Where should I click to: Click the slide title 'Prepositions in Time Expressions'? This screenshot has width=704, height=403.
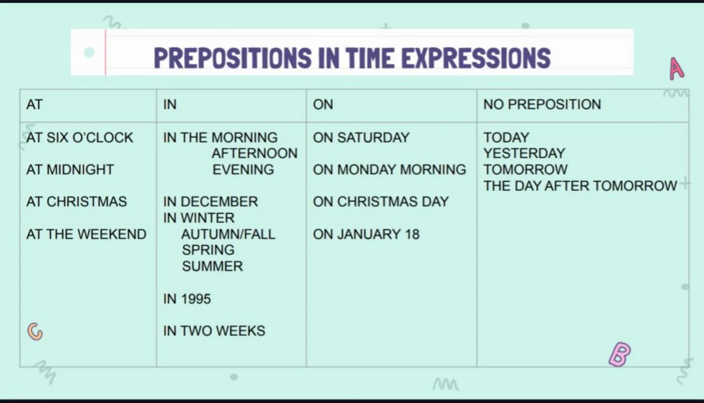352,58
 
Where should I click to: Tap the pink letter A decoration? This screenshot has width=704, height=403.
676,69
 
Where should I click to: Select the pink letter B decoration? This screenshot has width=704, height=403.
620,354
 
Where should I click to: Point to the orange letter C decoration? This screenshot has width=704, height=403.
35,331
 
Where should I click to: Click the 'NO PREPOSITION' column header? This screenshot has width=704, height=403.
542,104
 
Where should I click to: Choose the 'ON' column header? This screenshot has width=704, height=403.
323,104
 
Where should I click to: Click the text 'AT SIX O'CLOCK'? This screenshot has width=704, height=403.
80,138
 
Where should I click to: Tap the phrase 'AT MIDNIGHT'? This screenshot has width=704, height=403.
70,170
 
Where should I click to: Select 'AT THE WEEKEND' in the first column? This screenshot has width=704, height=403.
86,234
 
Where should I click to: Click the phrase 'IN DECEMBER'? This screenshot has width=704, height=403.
211,202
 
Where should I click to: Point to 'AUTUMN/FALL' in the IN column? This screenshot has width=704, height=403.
228,234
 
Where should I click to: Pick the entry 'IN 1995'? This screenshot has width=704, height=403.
187,299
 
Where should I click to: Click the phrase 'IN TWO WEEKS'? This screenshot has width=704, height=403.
214,331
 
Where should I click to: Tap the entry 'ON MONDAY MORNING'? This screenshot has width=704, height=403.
389,170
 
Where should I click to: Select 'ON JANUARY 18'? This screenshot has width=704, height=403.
366,234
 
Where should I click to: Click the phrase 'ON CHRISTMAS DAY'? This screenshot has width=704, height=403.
381,202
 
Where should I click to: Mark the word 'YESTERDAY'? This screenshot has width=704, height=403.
524,153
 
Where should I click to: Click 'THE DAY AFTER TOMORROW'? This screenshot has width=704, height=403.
580,186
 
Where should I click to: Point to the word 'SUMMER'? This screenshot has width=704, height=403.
212,266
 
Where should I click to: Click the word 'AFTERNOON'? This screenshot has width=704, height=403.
255,153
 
